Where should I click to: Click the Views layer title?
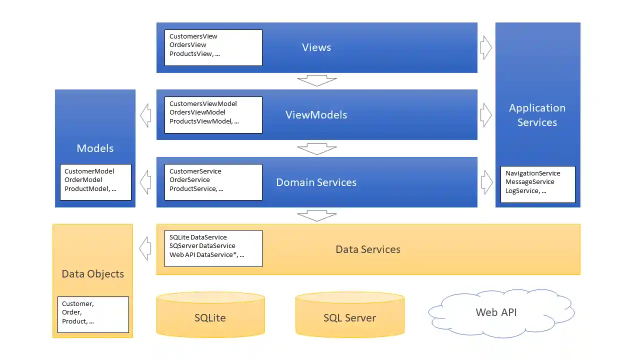(316, 47)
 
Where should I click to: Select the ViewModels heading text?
(316, 115)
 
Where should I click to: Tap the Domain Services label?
(316, 182)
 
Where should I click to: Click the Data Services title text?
(368, 249)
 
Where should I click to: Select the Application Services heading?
(537, 115)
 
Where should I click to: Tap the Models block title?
(95, 148)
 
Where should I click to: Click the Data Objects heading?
(92, 274)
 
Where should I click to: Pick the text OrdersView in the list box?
(188, 45)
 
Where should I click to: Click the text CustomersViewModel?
(203, 104)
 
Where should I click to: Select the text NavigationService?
(532, 173)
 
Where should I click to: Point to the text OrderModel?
(83, 180)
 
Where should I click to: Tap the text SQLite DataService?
(198, 237)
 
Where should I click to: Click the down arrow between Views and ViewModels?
(316, 80)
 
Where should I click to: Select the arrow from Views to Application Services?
(486, 48)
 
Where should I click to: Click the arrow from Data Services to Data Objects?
(145, 249)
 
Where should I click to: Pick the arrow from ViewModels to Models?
(145, 115)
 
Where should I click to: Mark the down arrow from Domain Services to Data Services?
(316, 216)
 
